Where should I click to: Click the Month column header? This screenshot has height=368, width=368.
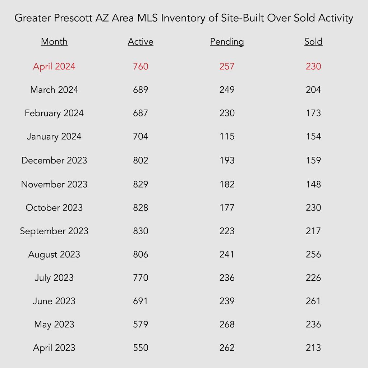[x=54, y=42]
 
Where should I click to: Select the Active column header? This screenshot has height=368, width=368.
[x=141, y=42]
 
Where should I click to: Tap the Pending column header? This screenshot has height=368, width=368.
[x=227, y=42]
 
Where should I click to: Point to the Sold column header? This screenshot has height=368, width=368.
[x=313, y=42]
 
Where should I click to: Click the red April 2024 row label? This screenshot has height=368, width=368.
[x=54, y=66]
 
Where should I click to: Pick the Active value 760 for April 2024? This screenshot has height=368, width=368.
[x=141, y=66]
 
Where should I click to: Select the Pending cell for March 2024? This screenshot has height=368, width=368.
[x=227, y=89]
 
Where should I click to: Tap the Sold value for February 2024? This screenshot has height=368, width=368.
[x=313, y=113]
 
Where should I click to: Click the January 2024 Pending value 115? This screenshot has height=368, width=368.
[x=227, y=136]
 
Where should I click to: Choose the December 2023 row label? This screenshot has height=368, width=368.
[x=54, y=160]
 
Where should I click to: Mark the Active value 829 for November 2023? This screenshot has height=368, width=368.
[x=141, y=184]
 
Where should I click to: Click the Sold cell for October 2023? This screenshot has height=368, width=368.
[x=313, y=208]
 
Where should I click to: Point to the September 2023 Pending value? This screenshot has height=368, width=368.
[x=227, y=231]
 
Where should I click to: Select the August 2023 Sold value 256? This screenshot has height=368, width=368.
[x=313, y=254]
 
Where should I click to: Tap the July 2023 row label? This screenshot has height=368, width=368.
[x=54, y=278]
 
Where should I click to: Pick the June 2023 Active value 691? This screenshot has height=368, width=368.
[x=141, y=301]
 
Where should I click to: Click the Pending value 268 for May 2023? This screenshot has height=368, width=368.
[x=227, y=325]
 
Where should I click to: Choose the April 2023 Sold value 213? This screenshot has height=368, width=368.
[x=313, y=348]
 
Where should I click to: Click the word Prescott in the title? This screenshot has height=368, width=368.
[x=73, y=18]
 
